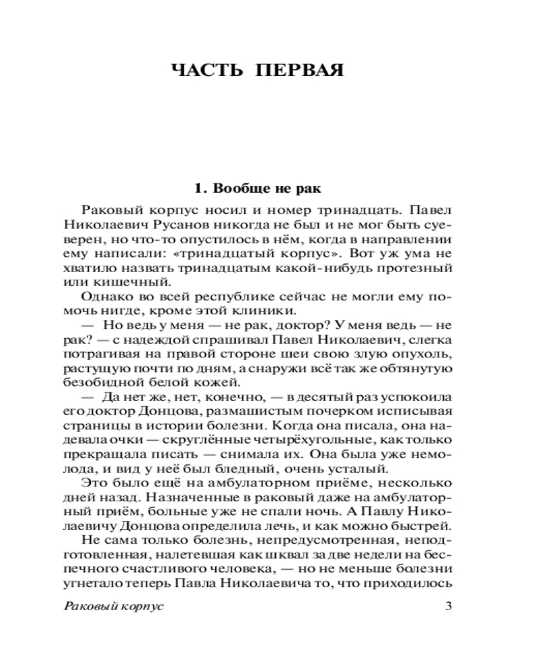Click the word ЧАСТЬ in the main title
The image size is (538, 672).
pyautogui.click(x=209, y=70)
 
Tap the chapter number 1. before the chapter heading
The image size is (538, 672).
pyautogui.click(x=198, y=189)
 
